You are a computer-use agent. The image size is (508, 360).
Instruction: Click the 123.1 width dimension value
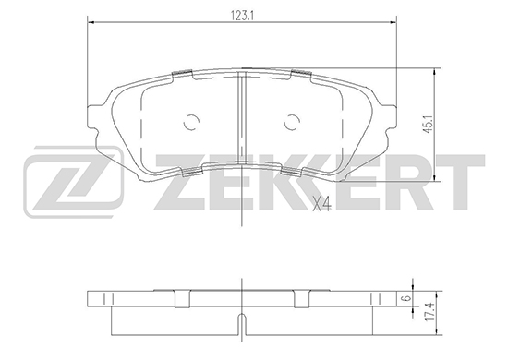click(x=241, y=15)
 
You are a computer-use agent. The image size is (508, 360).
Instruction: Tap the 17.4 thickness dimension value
click(x=429, y=312)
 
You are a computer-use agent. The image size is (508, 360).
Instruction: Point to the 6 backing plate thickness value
click(x=408, y=297)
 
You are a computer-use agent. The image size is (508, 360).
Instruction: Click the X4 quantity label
click(x=321, y=205)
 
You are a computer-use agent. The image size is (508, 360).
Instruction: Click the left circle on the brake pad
click(x=191, y=123)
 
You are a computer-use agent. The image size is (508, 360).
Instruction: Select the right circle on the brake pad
click(x=292, y=123)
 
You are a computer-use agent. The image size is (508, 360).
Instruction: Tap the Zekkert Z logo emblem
click(x=73, y=182)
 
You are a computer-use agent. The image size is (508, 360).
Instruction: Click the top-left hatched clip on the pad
click(x=182, y=73)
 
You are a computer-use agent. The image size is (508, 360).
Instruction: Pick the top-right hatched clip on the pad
click(x=302, y=73)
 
